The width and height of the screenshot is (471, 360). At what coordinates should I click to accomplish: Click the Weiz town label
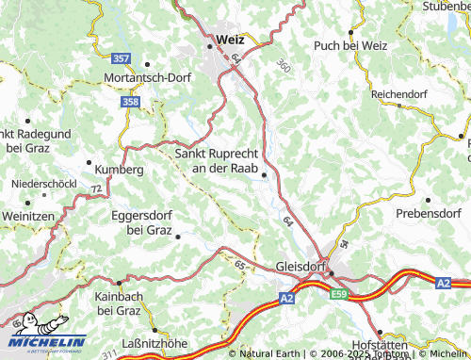point(230,40)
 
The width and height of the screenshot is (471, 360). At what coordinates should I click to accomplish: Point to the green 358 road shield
point(131,101)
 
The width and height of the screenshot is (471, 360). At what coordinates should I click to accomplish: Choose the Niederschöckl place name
point(43,183)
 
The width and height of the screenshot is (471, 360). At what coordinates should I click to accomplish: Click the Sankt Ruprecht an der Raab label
point(218,159)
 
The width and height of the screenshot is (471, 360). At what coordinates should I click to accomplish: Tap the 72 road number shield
point(96,189)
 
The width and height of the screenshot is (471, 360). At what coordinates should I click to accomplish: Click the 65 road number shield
point(239,267)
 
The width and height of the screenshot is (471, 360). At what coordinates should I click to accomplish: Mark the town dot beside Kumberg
point(90,163)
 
